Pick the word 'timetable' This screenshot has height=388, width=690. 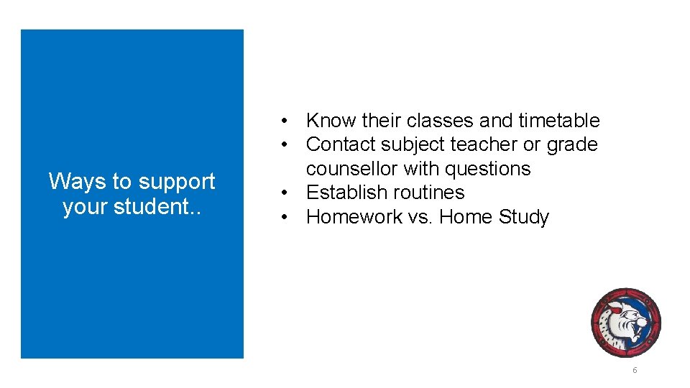click(558, 121)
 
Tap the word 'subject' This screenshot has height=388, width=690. click(415, 144)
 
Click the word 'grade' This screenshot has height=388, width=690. click(571, 144)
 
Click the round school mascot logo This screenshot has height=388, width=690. click(625, 323)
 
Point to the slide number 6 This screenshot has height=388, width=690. click(635, 370)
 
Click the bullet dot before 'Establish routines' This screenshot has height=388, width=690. click(285, 193)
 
